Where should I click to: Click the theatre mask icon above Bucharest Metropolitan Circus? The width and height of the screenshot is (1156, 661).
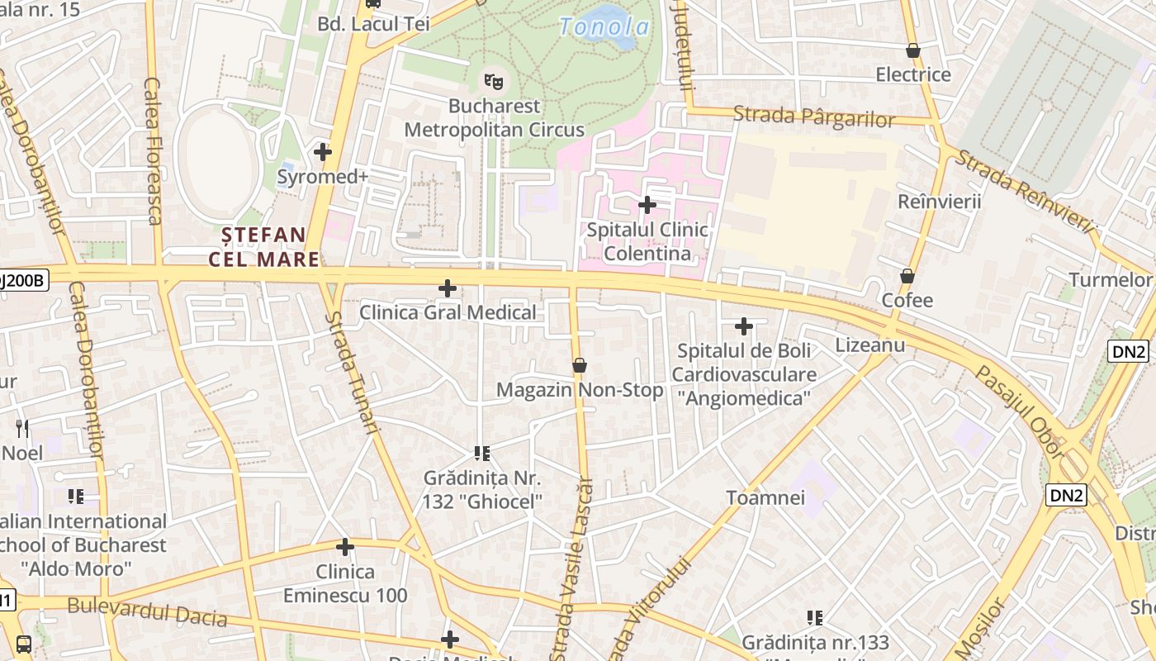495,81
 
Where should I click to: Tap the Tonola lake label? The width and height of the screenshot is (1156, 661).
604,26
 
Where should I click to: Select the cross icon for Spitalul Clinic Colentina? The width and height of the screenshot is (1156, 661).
647,204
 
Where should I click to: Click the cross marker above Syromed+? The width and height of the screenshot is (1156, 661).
323,151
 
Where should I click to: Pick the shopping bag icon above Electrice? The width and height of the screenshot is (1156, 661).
913,50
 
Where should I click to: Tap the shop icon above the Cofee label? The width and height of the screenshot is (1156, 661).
907,276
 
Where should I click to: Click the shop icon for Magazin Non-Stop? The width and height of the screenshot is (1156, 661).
580,365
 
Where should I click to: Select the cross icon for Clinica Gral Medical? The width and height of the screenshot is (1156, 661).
448,288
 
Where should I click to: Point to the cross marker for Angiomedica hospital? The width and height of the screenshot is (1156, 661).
744,326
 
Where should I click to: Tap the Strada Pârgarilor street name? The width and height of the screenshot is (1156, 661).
813,117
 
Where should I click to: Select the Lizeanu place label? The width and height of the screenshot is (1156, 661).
870,345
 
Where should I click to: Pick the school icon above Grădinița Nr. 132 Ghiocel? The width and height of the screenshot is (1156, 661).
482,453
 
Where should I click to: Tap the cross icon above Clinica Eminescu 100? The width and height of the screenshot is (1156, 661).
345,547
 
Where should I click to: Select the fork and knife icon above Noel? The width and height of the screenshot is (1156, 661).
22,428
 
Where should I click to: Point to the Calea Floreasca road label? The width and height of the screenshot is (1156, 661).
153,150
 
